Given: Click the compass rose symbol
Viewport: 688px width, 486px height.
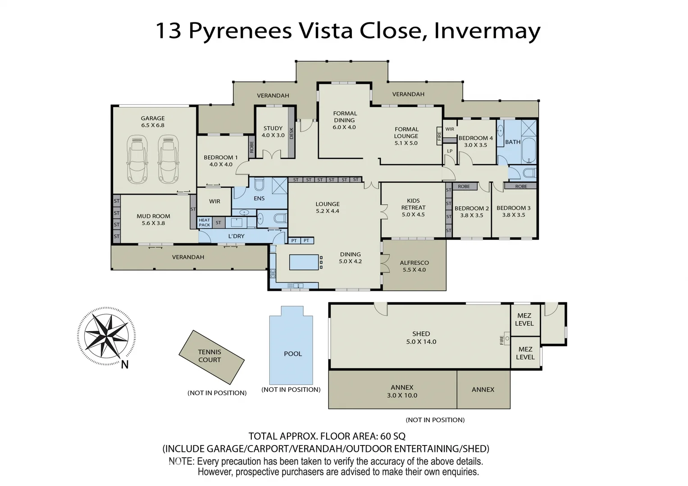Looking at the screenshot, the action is [106, 336].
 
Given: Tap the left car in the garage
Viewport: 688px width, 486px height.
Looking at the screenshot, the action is [137, 159].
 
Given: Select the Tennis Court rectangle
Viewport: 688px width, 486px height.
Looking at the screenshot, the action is [212, 357].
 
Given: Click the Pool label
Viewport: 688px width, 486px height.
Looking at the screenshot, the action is [293, 354].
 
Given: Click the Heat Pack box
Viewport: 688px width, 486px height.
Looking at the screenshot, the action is [204, 222].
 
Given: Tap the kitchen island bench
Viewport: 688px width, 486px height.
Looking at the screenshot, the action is [304, 263].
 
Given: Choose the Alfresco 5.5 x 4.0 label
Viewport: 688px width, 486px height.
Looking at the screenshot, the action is [415, 266].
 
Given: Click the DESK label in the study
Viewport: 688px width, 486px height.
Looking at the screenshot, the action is [292, 134].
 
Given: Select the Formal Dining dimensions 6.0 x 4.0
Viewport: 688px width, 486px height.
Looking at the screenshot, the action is [344, 127].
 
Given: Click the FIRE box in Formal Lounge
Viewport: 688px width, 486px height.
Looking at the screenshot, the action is [439, 135].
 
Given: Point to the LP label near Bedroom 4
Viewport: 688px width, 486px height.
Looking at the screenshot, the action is [450, 151].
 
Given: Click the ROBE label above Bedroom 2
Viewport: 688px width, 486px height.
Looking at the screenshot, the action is [464, 186].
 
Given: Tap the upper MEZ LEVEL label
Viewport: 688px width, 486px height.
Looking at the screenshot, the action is [524, 319].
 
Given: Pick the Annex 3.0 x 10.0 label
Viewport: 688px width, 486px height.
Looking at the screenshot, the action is [402, 391].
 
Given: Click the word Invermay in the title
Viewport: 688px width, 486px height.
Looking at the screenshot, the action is [487, 31].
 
